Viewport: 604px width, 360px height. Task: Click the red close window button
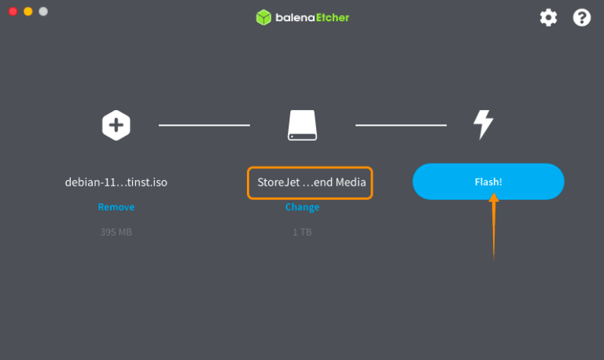(13, 12)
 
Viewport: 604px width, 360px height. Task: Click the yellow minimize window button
(28, 12)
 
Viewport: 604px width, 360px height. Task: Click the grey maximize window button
(43, 12)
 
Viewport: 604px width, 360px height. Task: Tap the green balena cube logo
(263, 17)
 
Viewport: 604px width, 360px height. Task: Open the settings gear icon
(548, 17)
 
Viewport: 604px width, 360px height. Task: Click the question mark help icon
(582, 17)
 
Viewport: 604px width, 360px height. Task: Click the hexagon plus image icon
(116, 125)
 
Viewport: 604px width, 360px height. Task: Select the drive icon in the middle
(302, 125)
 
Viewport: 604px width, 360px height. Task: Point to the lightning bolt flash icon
(483, 125)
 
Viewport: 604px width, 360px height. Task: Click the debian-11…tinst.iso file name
(116, 182)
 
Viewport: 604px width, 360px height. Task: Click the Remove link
(116, 208)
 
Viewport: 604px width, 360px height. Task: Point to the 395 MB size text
(116, 233)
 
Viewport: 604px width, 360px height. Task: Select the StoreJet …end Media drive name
(310, 182)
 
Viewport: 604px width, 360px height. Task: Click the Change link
(302, 208)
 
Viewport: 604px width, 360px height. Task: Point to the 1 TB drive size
(302, 233)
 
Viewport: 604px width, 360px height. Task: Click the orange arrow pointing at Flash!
(494, 228)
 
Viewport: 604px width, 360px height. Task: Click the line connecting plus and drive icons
(204, 125)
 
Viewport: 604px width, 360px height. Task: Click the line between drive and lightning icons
(401, 125)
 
